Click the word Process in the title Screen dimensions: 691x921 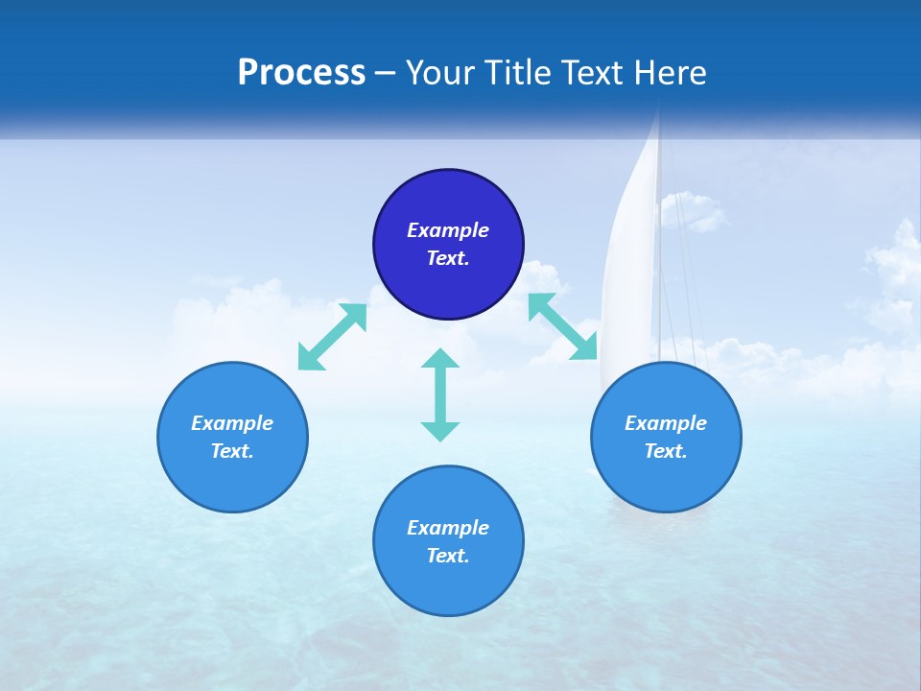click(301, 73)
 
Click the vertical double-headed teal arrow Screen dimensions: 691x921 click(440, 394)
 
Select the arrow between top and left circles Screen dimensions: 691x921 click(332, 337)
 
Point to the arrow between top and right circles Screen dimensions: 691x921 click(563, 327)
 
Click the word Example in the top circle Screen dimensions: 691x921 click(448, 230)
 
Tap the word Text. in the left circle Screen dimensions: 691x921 click(232, 451)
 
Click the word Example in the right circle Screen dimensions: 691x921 click(666, 423)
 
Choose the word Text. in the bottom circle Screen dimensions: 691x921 click(448, 556)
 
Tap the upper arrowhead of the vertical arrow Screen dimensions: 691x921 click(440, 359)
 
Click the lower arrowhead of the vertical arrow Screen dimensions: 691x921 click(440, 431)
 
